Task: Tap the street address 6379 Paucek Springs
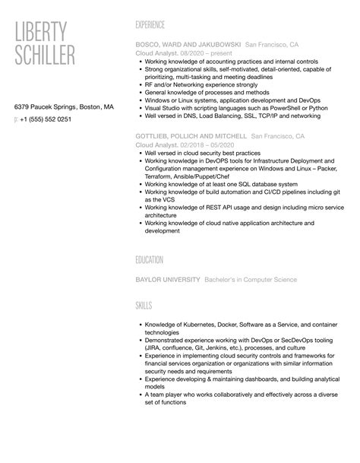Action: (47, 107)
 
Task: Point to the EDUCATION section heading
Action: (149, 259)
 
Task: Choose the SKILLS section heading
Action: (143, 305)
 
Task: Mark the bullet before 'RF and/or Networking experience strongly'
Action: (140, 84)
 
